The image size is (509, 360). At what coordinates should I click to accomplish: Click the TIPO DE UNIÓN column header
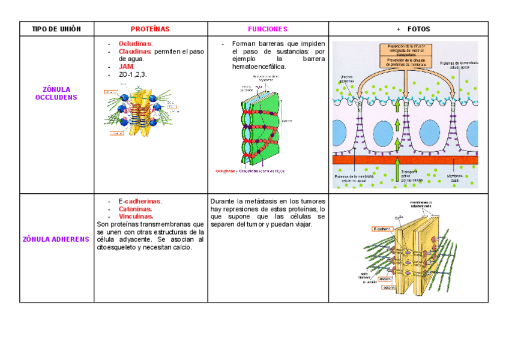56,29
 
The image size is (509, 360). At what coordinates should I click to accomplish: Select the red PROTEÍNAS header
150,29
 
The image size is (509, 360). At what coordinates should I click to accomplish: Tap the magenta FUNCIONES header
268,29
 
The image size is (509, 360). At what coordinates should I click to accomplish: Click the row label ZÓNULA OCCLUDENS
56,93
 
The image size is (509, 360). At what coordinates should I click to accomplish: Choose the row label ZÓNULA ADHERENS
56,239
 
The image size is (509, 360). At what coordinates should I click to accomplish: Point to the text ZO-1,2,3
132,74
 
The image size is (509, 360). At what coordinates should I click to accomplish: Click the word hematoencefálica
259,67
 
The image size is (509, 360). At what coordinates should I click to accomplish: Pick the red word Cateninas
134,209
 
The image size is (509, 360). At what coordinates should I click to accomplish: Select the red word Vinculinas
136,216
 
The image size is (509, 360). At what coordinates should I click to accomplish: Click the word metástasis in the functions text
260,201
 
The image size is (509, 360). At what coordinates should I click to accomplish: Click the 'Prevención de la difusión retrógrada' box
405,50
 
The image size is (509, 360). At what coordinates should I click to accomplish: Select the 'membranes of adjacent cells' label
425,206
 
